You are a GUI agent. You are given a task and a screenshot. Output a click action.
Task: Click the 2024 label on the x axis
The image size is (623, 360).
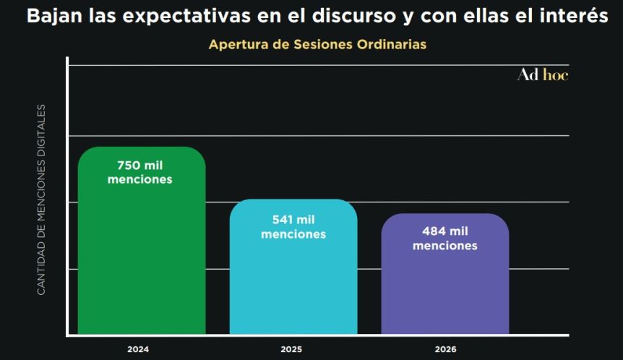tap(138, 349)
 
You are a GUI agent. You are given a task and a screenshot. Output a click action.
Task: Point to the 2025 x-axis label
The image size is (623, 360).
tap(291, 349)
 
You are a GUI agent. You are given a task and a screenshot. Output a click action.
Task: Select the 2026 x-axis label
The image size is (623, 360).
tap(445, 349)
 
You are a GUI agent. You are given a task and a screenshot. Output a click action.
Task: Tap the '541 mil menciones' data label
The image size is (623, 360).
tap(293, 227)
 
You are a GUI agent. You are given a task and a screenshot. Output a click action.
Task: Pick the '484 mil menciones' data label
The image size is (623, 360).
tap(445, 239)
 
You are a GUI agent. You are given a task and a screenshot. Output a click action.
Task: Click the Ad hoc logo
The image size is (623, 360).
tap(542, 74)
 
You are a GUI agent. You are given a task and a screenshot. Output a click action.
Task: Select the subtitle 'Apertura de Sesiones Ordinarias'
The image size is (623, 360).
tap(317, 45)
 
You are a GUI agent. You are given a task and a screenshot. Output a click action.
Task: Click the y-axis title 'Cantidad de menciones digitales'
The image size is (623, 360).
tap(41, 200)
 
